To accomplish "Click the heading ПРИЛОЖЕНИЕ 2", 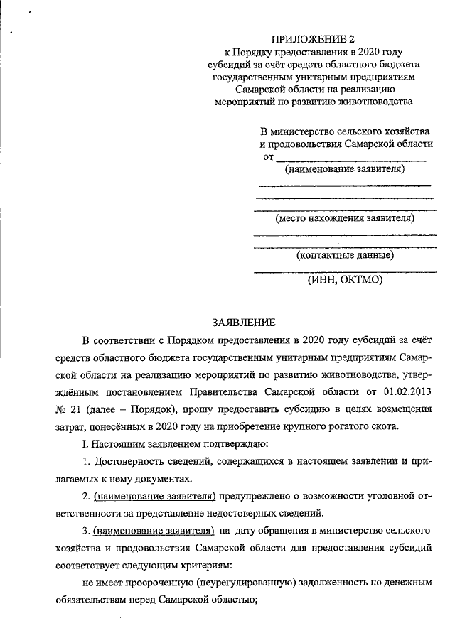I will [x=313, y=38].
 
